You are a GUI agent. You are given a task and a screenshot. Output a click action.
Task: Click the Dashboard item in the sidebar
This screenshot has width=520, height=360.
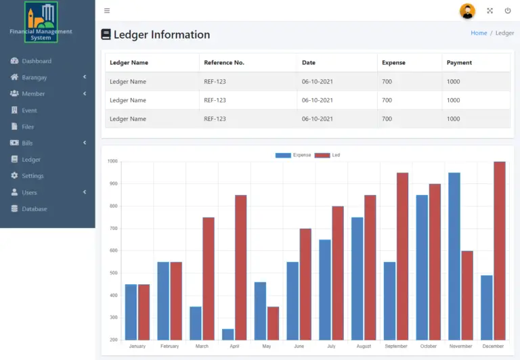pos(36,61)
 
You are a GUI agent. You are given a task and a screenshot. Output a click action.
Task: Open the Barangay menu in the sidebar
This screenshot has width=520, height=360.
pos(34,77)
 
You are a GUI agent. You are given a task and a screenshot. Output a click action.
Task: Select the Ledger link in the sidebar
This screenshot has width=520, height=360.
pos(31,160)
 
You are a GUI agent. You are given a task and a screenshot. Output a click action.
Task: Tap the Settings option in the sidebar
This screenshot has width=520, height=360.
pos(32,176)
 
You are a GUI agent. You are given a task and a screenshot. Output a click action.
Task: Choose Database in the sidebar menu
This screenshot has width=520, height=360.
pos(34,209)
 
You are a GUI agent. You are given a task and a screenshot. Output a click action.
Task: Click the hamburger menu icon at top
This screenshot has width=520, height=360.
pos(107,11)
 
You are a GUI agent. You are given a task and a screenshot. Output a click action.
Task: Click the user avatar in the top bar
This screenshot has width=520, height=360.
pos(467,11)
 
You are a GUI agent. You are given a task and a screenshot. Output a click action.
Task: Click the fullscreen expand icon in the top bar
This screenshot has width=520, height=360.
pos(490,11)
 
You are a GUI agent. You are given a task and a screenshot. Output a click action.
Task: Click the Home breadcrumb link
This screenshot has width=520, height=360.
pos(479,33)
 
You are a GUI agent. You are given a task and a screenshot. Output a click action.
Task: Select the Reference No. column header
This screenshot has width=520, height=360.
pos(224,63)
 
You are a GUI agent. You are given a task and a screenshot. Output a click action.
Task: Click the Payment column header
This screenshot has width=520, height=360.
pos(459,63)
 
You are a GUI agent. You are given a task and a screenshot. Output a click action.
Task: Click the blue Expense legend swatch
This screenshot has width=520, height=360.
pos(283,156)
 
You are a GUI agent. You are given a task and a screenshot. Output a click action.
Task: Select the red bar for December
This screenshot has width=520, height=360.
pos(500,250)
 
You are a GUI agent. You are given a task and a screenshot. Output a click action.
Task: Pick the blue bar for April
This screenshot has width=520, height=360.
pos(228,334)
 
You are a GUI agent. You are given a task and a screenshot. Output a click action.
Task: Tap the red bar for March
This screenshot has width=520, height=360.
pos(209,278)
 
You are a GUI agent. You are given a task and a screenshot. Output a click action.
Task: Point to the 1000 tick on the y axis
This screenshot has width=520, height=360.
pos(112,162)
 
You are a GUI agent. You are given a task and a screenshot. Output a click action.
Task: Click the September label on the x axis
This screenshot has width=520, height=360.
pos(396,346)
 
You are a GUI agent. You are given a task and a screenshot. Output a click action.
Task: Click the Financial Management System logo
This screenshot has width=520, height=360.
pos(41,22)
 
